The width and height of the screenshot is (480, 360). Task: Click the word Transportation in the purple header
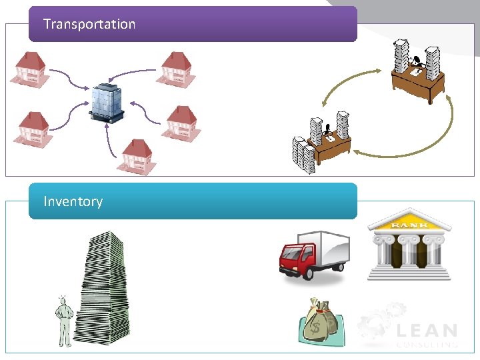[89, 25]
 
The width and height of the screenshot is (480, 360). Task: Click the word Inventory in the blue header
[73, 201]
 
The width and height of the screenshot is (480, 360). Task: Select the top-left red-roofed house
[29, 69]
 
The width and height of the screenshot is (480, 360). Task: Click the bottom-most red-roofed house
[137, 157]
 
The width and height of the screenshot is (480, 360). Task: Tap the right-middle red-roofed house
[181, 122]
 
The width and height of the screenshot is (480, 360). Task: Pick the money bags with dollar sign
[321, 322]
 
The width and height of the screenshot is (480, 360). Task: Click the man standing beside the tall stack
[64, 321]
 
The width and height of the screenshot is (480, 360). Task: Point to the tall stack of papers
[100, 287]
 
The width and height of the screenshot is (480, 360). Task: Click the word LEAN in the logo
[427, 331]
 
